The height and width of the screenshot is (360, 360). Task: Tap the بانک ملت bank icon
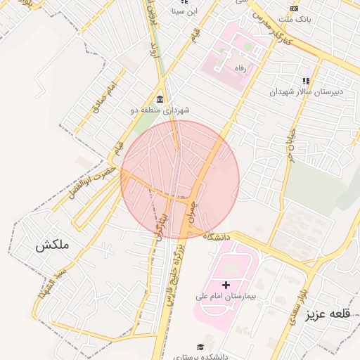pos(295,8)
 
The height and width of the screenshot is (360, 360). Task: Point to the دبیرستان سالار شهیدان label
pos(307,92)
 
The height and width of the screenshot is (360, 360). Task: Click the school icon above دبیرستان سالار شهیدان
pos(306,81)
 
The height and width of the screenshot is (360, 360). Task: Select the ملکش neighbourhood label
pos(54,245)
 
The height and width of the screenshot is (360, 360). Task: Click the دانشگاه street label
pos(217,238)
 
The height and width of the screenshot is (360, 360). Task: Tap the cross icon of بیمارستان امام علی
pos(226,285)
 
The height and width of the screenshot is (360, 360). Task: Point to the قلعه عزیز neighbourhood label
pos(327,314)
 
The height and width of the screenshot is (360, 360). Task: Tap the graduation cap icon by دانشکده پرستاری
pos(200,347)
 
